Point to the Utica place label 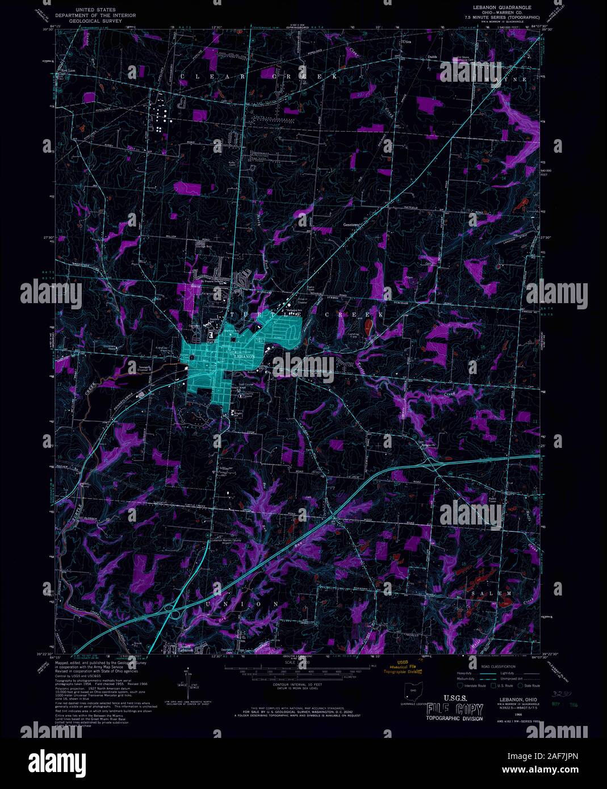coord(405,43)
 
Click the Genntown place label coord(352,224)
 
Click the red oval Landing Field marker coord(369,326)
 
